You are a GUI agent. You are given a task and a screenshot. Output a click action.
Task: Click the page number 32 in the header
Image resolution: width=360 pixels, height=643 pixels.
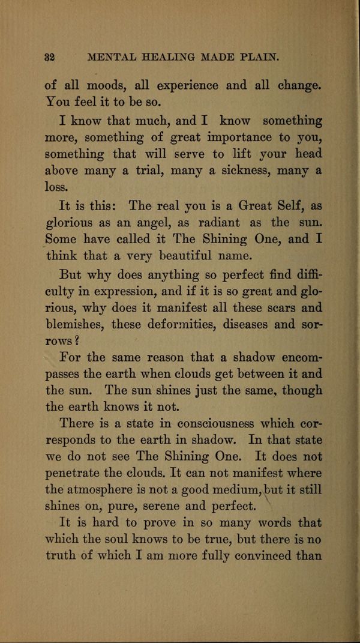pos(50,58)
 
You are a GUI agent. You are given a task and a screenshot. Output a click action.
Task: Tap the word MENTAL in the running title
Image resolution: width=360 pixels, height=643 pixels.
pos(107,58)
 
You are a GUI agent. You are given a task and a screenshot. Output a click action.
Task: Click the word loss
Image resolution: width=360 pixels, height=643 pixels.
pos(58,188)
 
